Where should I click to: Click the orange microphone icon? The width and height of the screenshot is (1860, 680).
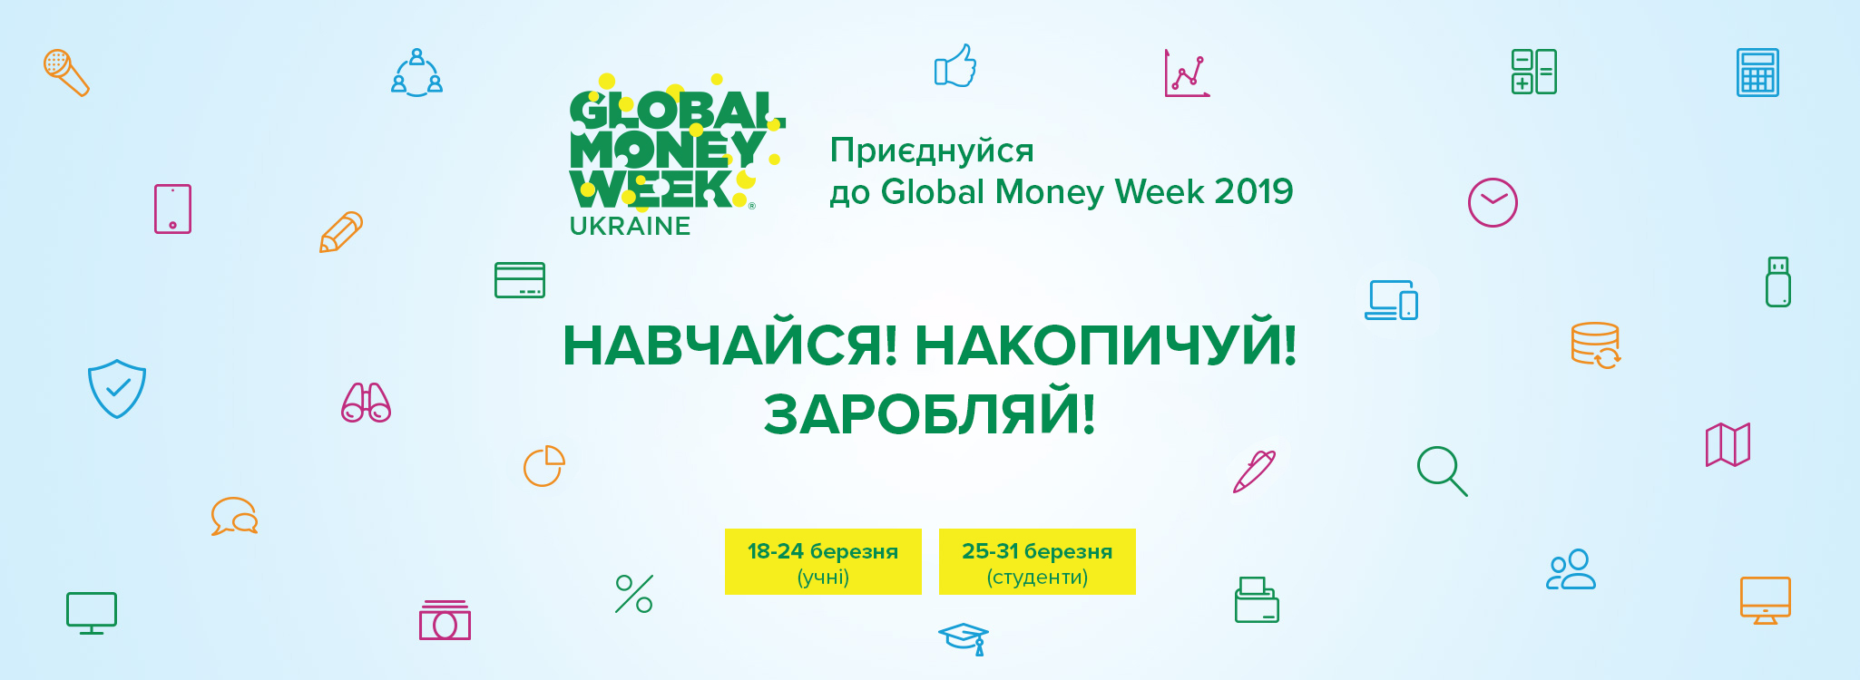click(65, 72)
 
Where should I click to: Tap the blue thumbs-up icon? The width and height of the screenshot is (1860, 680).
click(955, 66)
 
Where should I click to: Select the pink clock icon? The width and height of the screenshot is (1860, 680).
click(1493, 202)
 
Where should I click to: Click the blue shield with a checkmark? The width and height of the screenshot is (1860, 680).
click(117, 389)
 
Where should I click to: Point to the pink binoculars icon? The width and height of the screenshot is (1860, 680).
click(366, 403)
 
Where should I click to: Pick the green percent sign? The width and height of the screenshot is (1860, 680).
click(634, 594)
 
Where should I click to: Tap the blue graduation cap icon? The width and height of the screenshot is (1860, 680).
click(964, 638)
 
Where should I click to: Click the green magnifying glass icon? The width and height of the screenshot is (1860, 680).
click(1442, 471)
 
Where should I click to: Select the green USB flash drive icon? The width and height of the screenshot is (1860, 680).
click(1778, 282)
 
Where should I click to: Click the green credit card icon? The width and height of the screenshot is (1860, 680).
click(520, 280)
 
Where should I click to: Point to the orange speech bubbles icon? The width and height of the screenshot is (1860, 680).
click(234, 516)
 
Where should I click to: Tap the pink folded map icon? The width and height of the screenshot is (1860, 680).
click(1728, 444)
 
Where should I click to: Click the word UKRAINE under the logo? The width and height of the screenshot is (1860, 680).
click(630, 226)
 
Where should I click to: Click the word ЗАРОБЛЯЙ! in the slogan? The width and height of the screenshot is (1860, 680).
click(930, 413)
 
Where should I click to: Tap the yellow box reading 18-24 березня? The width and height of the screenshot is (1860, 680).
click(823, 561)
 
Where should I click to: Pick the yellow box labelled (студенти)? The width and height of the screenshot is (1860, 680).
click(1037, 561)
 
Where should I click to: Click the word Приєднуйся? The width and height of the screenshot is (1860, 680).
click(932, 151)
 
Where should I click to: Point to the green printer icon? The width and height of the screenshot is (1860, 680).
click(1257, 599)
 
